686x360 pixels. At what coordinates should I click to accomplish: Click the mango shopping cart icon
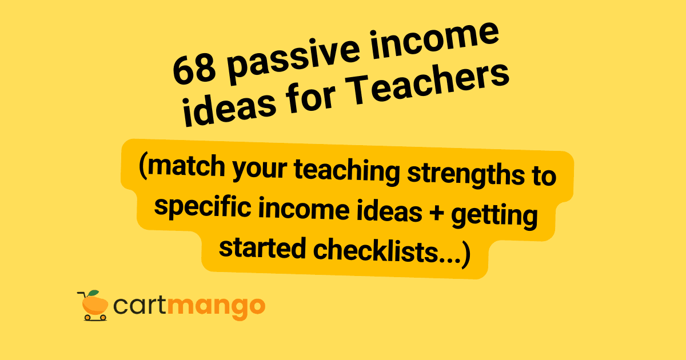pyautogui.click(x=93, y=306)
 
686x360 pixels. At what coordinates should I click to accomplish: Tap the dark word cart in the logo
pyautogui.click(x=140, y=307)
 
